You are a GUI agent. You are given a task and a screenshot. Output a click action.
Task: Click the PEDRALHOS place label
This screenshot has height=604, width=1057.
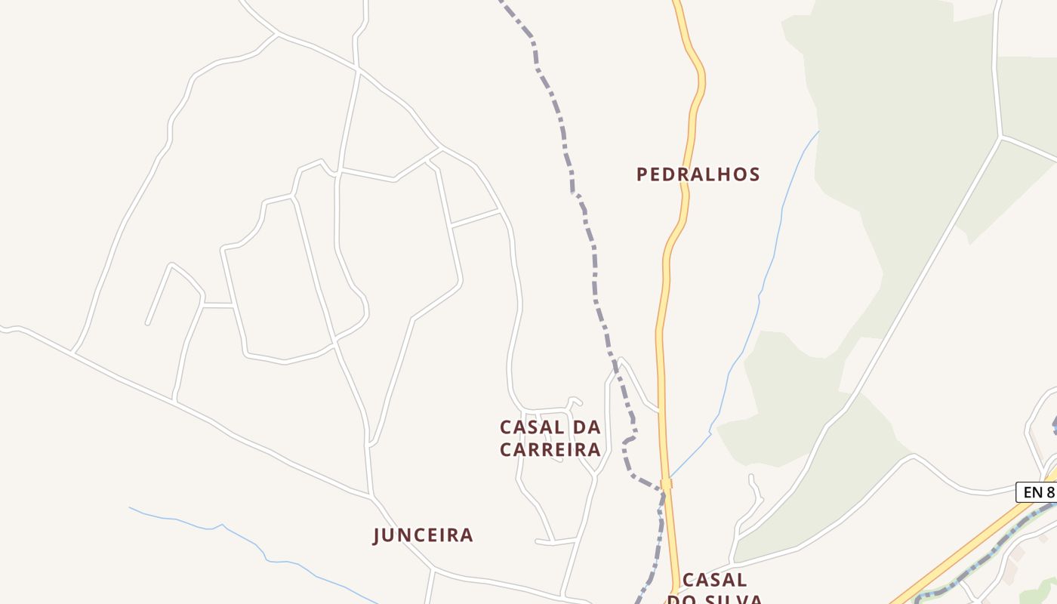coord(698,174)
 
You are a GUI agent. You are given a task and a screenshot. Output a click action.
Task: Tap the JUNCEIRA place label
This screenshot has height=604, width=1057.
coord(423,535)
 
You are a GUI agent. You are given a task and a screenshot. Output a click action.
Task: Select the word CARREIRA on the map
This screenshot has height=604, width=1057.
coord(550,450)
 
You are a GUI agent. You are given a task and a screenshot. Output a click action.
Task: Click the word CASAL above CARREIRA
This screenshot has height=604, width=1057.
coord(532,427)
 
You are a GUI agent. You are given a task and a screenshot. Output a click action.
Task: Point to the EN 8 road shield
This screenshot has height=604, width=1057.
coord(1037,492)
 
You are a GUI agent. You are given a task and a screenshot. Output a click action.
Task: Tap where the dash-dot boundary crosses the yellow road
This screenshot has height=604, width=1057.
coord(665,484)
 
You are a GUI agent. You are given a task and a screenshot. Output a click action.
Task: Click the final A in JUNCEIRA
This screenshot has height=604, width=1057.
coord(467,535)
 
